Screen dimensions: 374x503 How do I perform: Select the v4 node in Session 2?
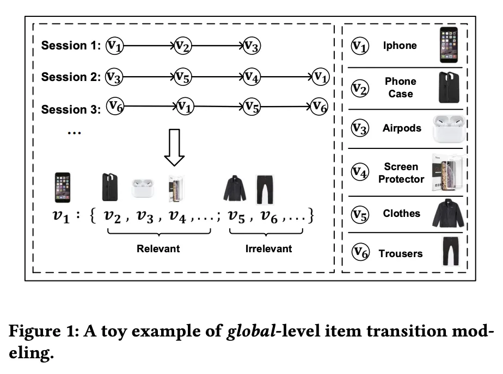pos(251,77)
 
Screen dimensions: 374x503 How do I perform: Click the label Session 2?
pos(71,78)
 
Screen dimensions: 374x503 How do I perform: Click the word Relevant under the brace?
pos(158,249)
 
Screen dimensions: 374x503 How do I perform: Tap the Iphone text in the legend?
pos(400,46)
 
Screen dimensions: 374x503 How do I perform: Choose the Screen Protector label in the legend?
pos(401,172)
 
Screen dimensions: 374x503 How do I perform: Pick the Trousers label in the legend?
pos(401,253)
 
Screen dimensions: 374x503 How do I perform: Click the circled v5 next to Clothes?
pos(359,214)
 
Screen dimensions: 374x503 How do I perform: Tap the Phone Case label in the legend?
pos(401,88)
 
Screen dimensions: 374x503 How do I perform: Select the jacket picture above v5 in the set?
pos(235,189)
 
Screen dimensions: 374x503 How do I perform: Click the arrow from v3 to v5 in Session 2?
pos(148,78)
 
